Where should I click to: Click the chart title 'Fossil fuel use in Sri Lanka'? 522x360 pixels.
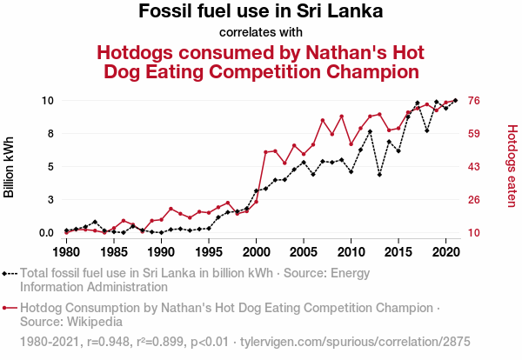coord(261,12)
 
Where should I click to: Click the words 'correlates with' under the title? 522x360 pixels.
coord(261,32)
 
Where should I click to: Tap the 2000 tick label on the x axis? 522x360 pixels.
coord(256,252)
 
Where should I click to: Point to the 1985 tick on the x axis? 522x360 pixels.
coord(113,252)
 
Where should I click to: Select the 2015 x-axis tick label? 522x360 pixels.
coord(398,252)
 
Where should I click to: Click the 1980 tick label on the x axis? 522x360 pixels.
coord(66,252)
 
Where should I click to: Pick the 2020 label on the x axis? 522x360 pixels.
coord(446,252)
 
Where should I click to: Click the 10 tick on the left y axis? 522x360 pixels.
coord(49,101)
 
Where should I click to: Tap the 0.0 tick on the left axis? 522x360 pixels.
coord(47,233)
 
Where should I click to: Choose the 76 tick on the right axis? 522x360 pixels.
coord(476,101)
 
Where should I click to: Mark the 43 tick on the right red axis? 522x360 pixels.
coord(476,167)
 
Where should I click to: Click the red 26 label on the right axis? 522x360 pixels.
coord(476,200)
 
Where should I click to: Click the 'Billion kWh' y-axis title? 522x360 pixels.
coord(10,166)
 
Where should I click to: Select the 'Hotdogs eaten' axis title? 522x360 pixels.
coord(512,166)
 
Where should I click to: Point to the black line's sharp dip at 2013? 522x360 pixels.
coord(379,175)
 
